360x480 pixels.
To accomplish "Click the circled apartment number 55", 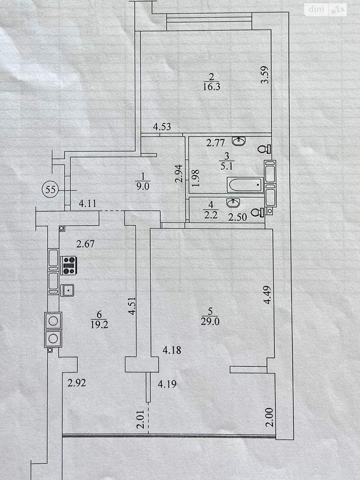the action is tap(50, 190).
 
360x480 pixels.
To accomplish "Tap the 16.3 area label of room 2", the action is tap(211, 87).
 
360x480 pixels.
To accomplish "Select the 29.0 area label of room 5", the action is tap(210, 321).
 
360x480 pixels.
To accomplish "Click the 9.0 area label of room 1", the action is tap(143, 187).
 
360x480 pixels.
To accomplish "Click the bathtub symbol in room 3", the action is tap(245, 185).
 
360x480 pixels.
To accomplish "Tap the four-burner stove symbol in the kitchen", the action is tap(69, 265).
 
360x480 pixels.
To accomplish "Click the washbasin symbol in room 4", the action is tap(233, 202).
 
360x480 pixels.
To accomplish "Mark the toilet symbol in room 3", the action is tap(264, 149).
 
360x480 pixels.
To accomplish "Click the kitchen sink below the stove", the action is tap(67, 290).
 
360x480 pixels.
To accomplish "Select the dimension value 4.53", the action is tap(162, 127).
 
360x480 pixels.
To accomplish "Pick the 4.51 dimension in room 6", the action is tap(133, 305).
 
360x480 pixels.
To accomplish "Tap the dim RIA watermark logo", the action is tap(325, 10).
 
